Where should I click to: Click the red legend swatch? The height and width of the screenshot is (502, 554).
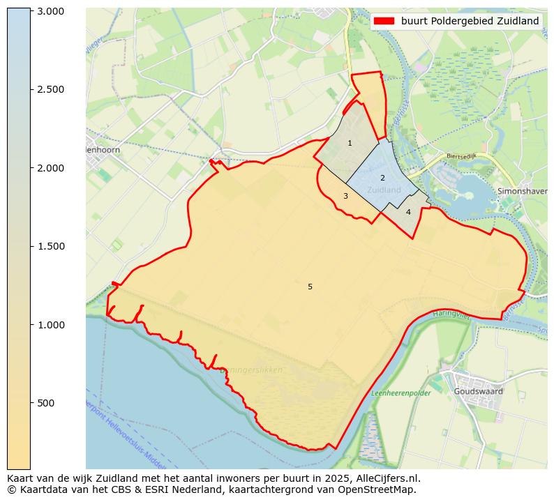[x=384, y=21]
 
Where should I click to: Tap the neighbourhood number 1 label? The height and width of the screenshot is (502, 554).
[x=350, y=144]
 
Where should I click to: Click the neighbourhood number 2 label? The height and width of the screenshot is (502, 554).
[x=382, y=178]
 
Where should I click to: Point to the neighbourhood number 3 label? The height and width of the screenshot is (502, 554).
[x=345, y=197]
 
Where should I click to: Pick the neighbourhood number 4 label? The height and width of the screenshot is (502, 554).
[x=408, y=212]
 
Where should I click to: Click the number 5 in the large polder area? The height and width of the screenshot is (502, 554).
[x=310, y=287]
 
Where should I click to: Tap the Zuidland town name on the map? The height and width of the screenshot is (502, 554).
[x=384, y=190]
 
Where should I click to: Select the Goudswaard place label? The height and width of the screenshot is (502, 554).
[x=478, y=392]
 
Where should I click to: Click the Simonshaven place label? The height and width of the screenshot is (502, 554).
[x=525, y=190]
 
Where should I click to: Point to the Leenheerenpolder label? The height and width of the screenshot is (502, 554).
[x=401, y=393]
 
